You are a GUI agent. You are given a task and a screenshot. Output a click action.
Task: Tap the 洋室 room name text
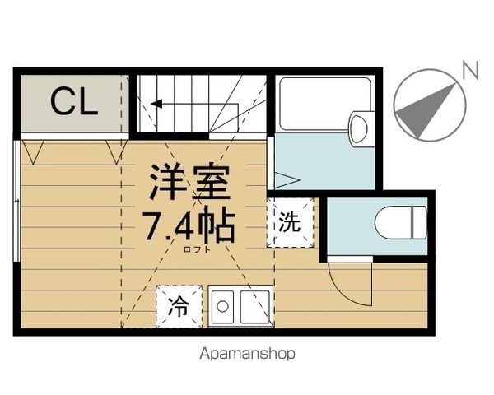pos(189,182)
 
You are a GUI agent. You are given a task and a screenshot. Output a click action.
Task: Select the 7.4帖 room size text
pos(189,225)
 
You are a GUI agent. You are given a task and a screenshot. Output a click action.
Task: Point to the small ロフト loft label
pos(198,250)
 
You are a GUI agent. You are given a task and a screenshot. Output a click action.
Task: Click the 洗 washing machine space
pos(290,222)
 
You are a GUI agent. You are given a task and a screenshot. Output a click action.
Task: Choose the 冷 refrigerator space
pos(179,306)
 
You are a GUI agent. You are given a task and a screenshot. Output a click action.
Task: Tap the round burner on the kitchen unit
pos(223,306)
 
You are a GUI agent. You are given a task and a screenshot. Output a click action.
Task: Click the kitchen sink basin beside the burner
pos(255,307)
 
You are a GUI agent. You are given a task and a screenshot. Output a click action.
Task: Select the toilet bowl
pos(400,223)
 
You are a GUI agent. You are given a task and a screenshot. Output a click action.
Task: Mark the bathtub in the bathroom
pos(325,104)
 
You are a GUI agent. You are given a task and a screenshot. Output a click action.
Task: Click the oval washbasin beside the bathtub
pos(359,129)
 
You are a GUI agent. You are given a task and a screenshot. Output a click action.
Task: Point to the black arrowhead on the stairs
pos(156,104)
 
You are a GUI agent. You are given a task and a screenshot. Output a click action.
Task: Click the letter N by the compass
pos(471,70)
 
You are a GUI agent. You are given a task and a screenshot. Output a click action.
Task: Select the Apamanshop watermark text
pos(247,354)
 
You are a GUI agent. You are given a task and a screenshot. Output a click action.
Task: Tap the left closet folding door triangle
pos(33,152)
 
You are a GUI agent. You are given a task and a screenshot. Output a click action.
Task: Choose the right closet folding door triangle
pos(117,152)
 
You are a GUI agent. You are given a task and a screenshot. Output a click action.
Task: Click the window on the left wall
pos(16,201)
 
